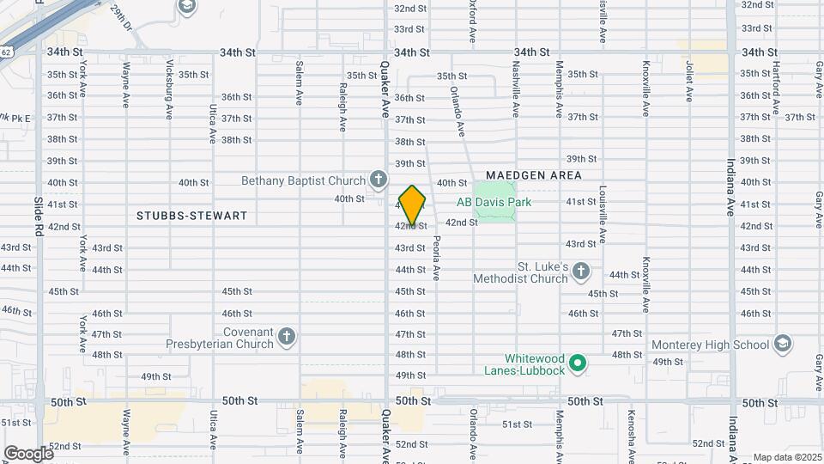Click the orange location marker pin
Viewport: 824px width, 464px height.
(413, 205)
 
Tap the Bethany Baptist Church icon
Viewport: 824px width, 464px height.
(378, 180)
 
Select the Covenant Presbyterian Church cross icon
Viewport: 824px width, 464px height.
(287, 337)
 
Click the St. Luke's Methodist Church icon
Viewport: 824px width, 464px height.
(581, 272)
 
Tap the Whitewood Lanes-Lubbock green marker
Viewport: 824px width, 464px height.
(579, 364)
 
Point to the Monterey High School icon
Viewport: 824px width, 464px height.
(782, 345)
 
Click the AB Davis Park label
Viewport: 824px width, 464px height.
(494, 203)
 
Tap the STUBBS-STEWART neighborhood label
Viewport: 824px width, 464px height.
(191, 216)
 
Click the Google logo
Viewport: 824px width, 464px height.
(28, 453)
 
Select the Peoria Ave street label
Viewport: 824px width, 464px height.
(436, 258)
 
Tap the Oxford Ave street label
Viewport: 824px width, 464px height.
(472, 21)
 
